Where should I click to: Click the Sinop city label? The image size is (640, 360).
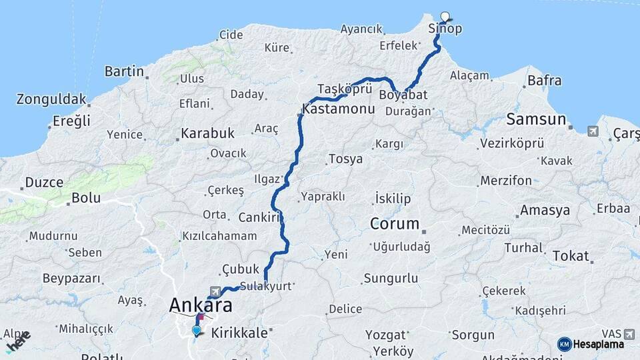(x=445, y=29)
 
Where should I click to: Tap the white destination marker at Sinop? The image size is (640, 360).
(x=445, y=17)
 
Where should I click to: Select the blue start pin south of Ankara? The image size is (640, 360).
(x=196, y=330)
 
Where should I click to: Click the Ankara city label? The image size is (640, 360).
(x=201, y=305)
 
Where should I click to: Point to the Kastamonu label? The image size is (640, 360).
(x=338, y=108)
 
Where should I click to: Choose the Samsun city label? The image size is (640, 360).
(x=536, y=120)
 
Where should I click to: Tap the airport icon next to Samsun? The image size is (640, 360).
(x=593, y=131)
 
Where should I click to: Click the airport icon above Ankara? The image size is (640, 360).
(x=214, y=291)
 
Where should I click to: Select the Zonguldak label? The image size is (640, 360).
(x=52, y=100)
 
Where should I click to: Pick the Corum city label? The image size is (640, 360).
(x=395, y=224)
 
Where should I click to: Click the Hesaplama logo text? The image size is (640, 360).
(x=599, y=344)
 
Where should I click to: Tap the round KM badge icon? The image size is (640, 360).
(x=564, y=344)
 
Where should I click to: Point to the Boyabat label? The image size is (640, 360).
(x=403, y=95)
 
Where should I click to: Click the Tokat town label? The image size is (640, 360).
(x=571, y=256)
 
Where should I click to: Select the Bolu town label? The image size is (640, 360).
(x=86, y=198)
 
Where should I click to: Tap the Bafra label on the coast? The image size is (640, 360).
(x=544, y=81)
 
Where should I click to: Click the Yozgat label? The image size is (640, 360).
(x=385, y=335)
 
